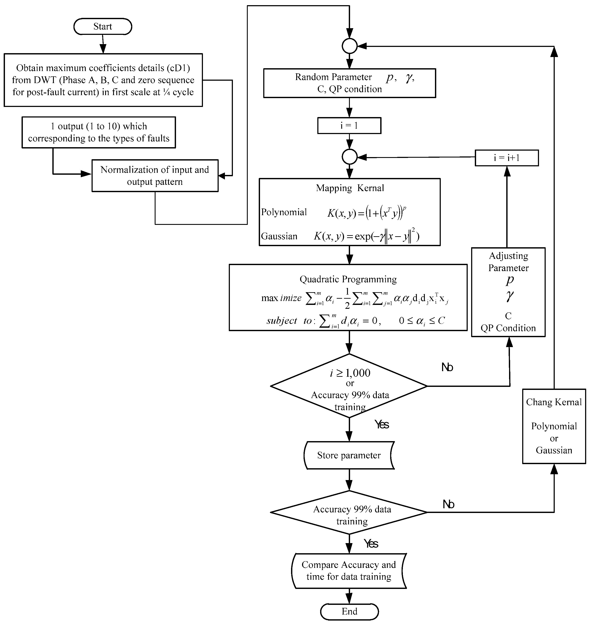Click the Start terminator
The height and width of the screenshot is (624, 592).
pyautogui.click(x=103, y=26)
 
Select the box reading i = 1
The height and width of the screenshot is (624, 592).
pyautogui.click(x=349, y=126)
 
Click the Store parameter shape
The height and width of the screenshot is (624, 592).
pyautogui.click(x=349, y=455)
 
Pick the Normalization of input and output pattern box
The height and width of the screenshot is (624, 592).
pyautogui.click(x=155, y=176)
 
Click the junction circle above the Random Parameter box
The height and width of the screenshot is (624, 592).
pyautogui.click(x=349, y=46)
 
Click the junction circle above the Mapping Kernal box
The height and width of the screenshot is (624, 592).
pyautogui.click(x=349, y=157)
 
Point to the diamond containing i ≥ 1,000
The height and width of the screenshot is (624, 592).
pyautogui.click(x=349, y=386)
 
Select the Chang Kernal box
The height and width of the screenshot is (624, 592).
pyautogui.click(x=554, y=426)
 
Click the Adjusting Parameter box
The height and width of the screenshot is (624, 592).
pyautogui.click(x=508, y=292)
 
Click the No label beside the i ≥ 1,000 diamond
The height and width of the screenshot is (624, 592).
pyautogui.click(x=447, y=367)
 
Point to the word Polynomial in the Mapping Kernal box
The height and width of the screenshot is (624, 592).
pyautogui.click(x=284, y=212)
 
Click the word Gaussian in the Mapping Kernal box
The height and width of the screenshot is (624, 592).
pyautogui.click(x=279, y=236)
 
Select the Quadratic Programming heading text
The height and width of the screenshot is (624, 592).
pyautogui.click(x=348, y=279)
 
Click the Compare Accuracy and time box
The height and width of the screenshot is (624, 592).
pyautogui.click(x=349, y=571)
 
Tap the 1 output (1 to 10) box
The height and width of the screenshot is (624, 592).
pyautogui.click(x=98, y=132)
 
